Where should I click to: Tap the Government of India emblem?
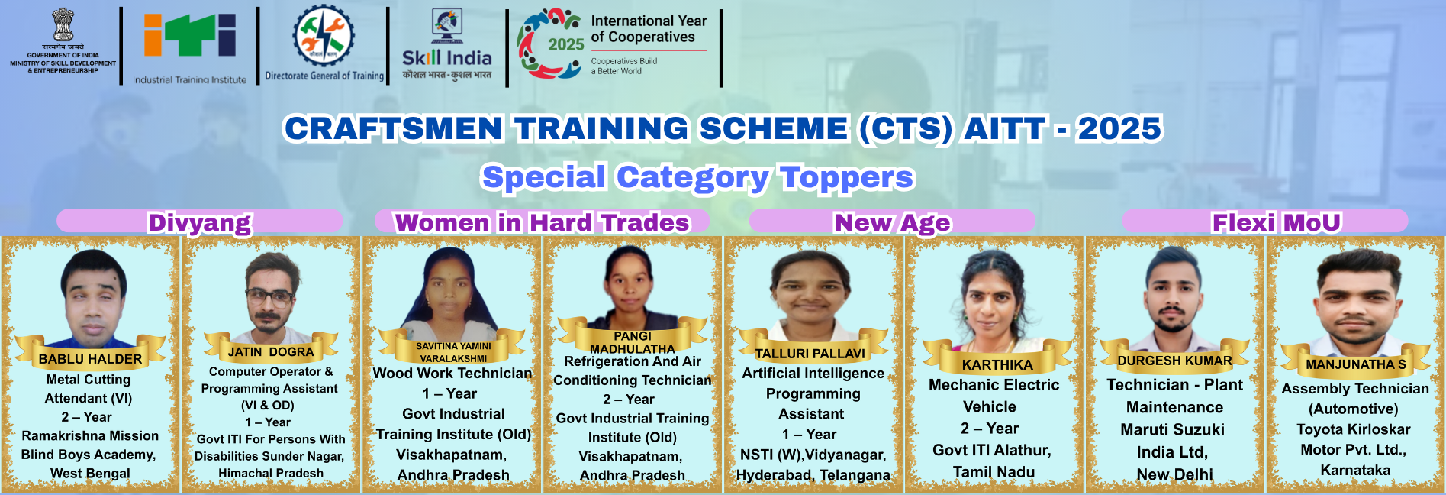pos(63,24)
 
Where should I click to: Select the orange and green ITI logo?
pos(190,35)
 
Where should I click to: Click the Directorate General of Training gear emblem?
pos(324,35)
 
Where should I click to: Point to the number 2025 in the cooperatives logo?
pos(566,44)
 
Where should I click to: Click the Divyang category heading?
pos(199,222)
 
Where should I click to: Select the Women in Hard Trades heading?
pos(542,222)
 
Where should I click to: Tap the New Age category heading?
pos(892,222)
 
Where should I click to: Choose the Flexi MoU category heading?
pos(1276,222)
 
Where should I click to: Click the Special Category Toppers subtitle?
pos(697,177)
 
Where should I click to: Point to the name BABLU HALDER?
pos(90,359)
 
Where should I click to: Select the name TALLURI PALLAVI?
pos(810,354)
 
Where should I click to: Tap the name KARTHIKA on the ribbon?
pos(997,365)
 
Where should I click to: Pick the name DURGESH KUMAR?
pos(1174,361)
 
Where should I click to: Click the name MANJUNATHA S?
pos(1356,364)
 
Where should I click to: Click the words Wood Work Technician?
pos(452,373)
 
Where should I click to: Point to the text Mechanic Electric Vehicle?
pos(994,396)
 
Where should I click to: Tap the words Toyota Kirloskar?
pos(1354,429)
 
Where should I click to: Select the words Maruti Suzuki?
pos(1172,429)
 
